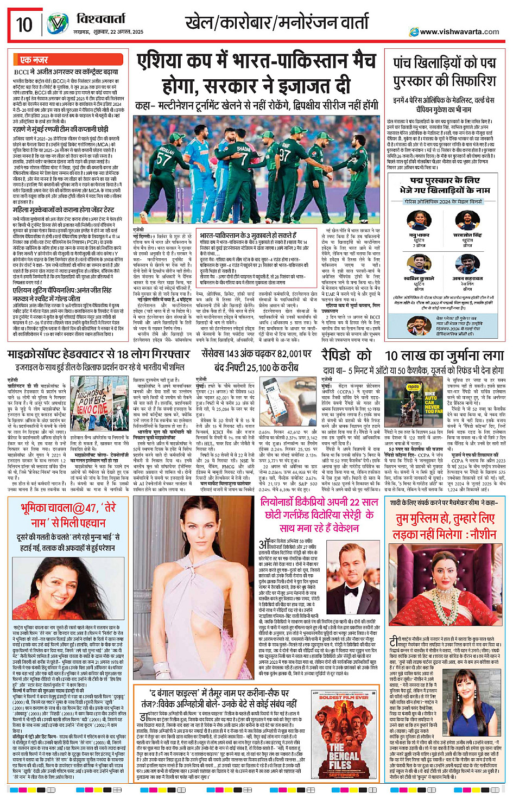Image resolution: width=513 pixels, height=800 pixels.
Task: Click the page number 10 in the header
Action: (x=24, y=24)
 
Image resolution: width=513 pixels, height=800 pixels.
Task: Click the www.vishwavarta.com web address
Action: (x=459, y=31)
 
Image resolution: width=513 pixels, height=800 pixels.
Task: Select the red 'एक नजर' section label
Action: (x=34, y=59)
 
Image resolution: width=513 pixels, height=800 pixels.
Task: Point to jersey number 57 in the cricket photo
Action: (x=163, y=158)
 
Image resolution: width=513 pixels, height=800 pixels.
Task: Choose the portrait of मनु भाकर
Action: (x=419, y=220)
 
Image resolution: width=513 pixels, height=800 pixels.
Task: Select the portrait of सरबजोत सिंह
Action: (x=467, y=220)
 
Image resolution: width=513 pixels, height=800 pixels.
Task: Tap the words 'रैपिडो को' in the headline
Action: (x=346, y=355)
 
